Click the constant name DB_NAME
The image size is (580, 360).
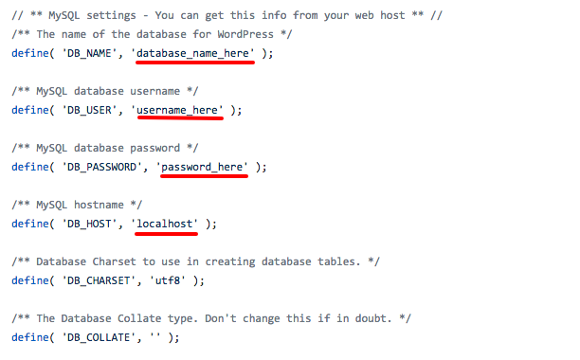[89, 53]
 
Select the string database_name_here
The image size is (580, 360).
[192, 53]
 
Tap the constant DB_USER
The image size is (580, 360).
[89, 110]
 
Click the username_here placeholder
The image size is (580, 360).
[177, 110]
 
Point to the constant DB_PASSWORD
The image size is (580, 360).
[101, 167]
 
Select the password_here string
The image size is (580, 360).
[202, 167]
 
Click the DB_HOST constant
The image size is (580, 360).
[89, 224]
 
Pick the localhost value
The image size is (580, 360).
[165, 224]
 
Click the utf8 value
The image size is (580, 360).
[168, 280]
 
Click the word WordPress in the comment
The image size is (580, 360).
[245, 34]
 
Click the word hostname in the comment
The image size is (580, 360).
[99, 205]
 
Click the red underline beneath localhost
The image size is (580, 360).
[167, 234]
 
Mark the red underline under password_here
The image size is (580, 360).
[204, 176]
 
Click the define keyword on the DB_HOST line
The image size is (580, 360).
[30, 224]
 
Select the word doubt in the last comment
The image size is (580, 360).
[373, 318]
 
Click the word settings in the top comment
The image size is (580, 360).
[111, 15]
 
